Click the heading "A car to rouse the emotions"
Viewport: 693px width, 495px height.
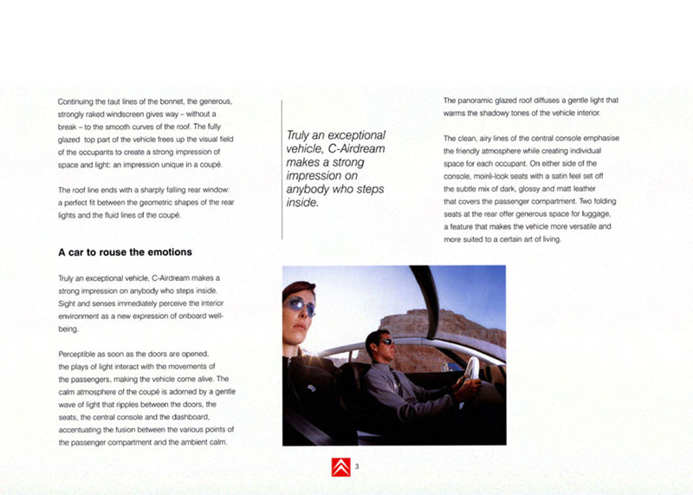125,252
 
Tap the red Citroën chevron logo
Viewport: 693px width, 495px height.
340,468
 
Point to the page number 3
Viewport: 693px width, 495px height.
357,467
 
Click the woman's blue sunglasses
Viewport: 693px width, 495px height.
300,304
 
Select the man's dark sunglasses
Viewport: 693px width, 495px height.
384,342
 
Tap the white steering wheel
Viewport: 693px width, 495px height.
472,368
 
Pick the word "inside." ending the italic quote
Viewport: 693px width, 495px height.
302,203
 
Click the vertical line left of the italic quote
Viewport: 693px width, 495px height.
282,169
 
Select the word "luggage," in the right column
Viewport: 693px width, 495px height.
597,214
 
